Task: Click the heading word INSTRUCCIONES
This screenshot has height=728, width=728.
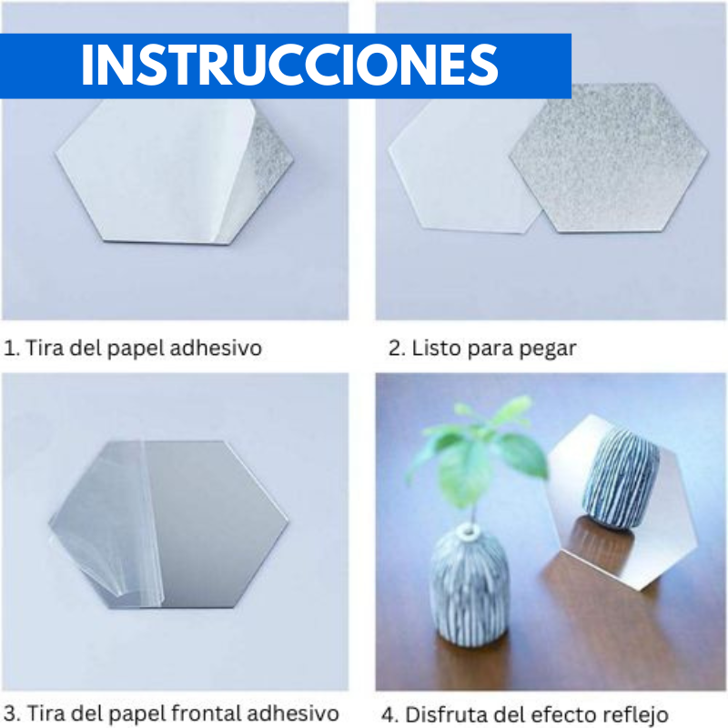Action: (x=289, y=64)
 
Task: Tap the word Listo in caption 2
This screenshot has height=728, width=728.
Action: (x=435, y=348)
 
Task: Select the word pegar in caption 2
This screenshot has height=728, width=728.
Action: (x=550, y=349)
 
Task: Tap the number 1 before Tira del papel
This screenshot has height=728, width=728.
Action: (x=9, y=348)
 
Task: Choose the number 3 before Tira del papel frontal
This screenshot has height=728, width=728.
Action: (x=9, y=713)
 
